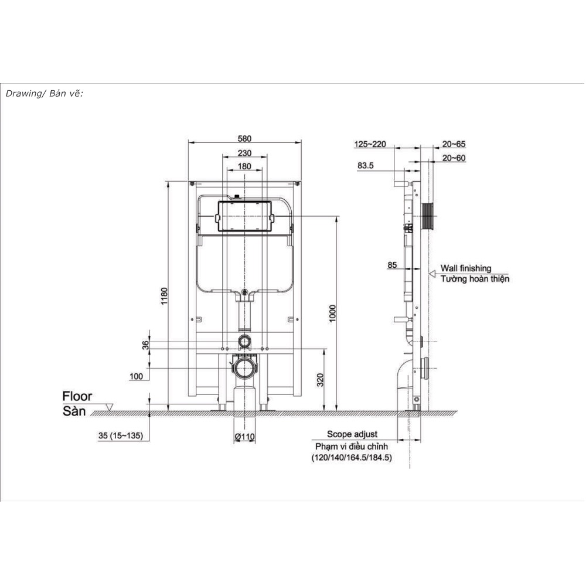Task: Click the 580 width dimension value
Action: click(x=244, y=139)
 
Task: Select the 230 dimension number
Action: click(x=244, y=153)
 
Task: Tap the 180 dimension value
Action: click(x=244, y=166)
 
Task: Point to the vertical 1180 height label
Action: click(x=164, y=296)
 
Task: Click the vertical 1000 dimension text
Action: click(x=332, y=314)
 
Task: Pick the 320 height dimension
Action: click(x=320, y=380)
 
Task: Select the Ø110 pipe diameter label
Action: click(x=245, y=437)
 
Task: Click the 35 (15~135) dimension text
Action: click(x=121, y=435)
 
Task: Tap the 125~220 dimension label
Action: click(x=370, y=144)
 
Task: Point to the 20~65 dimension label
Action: click(x=454, y=144)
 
